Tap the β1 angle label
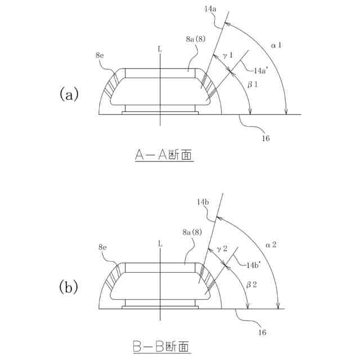253,83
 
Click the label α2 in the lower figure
272,244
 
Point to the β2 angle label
251,285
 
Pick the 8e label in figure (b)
103,247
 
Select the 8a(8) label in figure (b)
193,231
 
